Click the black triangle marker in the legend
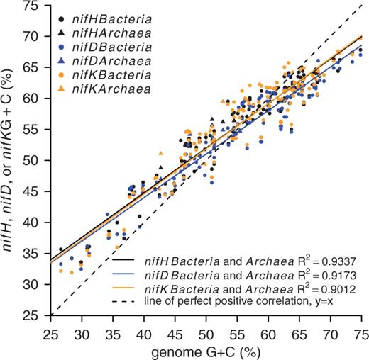[65, 33]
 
